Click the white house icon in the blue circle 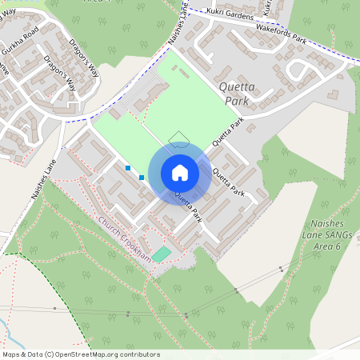click(179, 173)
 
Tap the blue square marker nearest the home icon click(142, 177)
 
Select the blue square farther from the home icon click(128, 168)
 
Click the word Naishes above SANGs click(325, 226)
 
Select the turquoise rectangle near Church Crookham click(162, 254)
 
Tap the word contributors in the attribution click(141, 354)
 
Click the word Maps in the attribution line click(11, 354)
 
